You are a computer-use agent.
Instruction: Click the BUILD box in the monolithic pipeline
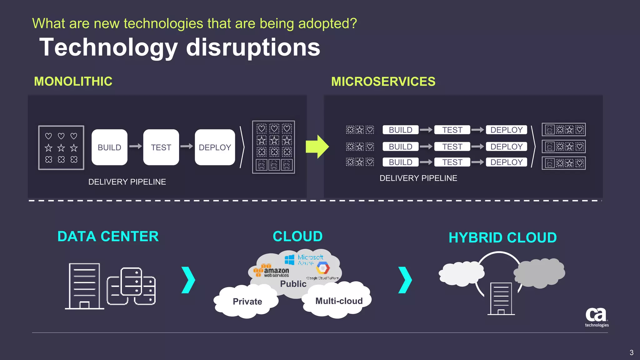point(109,147)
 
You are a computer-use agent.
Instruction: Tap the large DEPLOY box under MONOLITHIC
point(215,147)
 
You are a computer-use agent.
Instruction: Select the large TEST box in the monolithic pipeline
point(161,147)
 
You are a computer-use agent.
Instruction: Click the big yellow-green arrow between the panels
point(317,147)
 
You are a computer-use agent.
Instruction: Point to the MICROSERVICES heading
point(383,82)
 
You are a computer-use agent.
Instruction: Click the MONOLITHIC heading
point(73,82)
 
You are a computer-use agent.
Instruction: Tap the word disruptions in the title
point(253,47)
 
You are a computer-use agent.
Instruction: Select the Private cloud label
point(247,302)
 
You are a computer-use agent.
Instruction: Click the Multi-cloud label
point(339,301)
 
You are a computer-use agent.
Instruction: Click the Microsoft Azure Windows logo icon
point(289,259)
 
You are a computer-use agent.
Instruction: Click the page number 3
point(631,352)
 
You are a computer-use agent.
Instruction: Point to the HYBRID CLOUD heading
point(502,237)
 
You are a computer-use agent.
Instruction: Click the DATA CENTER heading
point(108,237)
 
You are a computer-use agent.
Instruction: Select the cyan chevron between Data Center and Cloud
point(188,280)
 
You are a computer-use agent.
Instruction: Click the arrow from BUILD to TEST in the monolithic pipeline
point(135,146)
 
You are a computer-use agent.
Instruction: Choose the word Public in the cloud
point(293,284)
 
